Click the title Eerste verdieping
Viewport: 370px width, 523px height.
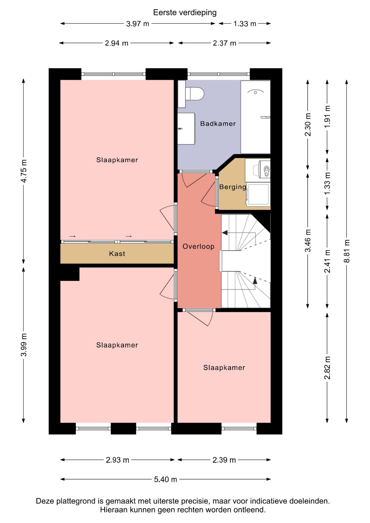185,13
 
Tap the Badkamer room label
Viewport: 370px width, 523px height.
218,124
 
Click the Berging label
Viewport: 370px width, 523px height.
233,187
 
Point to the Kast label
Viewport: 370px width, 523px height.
117,254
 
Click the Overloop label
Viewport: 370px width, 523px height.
198,247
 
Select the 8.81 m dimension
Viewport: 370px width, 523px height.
347,251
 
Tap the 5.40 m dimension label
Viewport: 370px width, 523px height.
165,479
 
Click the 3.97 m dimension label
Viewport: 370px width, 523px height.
138,24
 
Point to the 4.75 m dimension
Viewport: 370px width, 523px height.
24,171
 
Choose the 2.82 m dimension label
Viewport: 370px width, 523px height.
327,368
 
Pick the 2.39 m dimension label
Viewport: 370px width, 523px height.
224,460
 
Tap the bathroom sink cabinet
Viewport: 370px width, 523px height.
186,129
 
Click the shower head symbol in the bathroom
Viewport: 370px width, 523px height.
255,92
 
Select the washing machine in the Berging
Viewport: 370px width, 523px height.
258,194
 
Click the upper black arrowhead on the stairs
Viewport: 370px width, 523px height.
225,233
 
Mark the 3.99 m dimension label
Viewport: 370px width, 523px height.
24,345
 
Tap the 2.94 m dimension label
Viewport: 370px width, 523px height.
117,43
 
